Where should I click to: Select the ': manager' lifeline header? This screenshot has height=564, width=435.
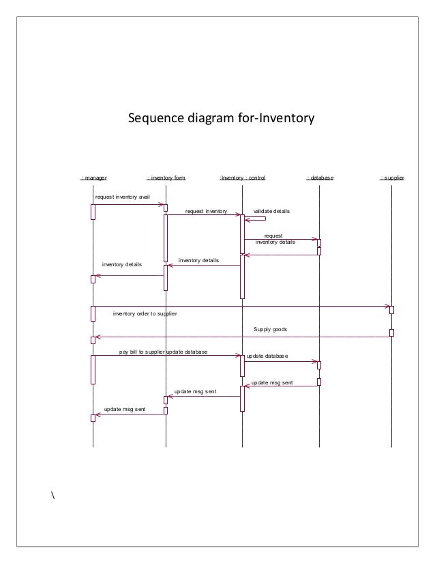point(93,178)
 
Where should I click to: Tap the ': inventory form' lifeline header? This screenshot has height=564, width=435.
point(166,178)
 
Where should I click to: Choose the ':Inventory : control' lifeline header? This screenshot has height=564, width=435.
point(242,178)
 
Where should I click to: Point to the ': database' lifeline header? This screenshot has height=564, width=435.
point(319,178)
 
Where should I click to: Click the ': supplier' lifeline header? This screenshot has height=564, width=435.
point(392,178)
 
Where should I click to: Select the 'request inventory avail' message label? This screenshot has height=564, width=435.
point(122,197)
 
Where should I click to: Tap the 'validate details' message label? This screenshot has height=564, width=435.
point(271,212)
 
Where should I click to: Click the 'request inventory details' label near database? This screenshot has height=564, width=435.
point(275,238)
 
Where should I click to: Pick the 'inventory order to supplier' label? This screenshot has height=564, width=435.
point(145,313)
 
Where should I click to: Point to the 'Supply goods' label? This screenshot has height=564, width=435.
point(271,329)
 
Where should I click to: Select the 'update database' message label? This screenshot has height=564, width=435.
point(267,356)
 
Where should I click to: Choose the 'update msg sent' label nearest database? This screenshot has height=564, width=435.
point(272,383)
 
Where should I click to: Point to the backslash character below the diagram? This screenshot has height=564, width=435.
point(52,494)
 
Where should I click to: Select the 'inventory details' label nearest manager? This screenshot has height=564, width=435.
point(122,264)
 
